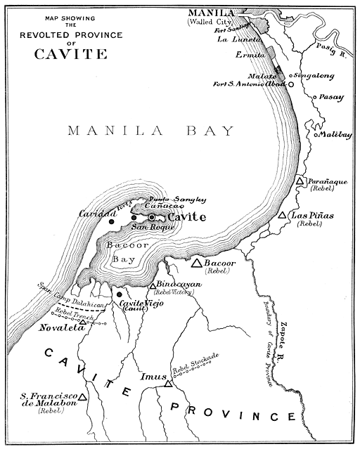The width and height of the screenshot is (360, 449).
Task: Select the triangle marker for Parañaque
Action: coord(300,181)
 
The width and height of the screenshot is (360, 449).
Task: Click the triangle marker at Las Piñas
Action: coord(282,216)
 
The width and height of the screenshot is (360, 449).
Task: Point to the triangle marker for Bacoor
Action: coord(197,263)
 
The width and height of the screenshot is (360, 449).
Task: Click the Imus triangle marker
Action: coord(168,384)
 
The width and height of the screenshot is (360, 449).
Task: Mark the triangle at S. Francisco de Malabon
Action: coord(82,397)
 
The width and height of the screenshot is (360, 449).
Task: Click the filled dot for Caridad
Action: coord(111,221)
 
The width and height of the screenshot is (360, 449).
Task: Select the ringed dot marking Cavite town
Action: coord(151,217)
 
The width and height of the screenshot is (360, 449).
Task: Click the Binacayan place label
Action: coord(179,285)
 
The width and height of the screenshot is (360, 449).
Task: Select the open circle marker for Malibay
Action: coord(317,134)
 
